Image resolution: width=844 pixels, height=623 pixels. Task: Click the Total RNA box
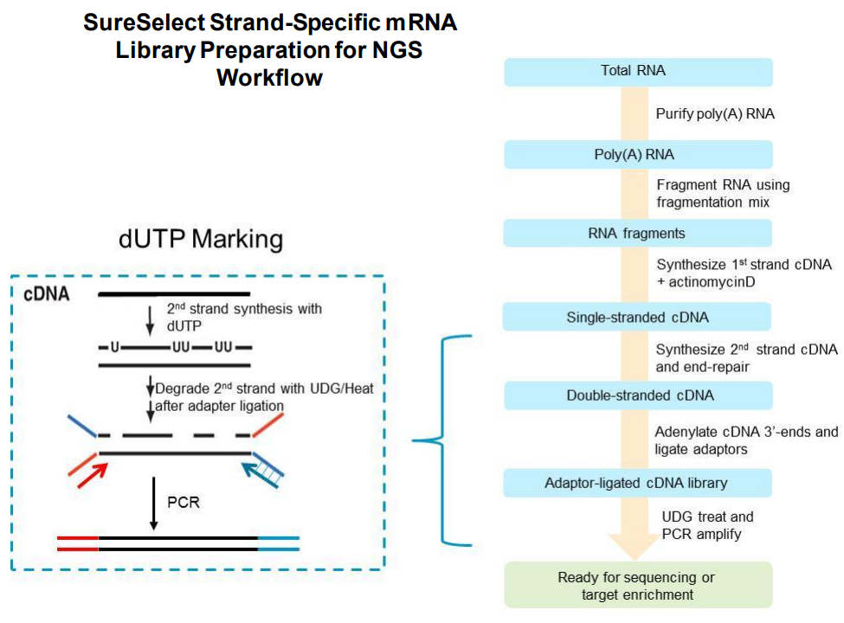(638, 72)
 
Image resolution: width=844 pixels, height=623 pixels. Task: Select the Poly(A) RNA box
(638, 155)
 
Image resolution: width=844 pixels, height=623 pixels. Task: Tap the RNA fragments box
(638, 233)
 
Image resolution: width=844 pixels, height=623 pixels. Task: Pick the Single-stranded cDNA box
(638, 318)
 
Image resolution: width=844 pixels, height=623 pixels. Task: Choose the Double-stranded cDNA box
(638, 395)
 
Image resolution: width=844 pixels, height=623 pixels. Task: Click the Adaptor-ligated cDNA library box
(638, 482)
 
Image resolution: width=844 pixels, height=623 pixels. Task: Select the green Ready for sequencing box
(638, 586)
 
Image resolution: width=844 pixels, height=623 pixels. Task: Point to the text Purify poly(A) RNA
(713, 114)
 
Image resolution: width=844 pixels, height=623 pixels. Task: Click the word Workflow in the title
(269, 77)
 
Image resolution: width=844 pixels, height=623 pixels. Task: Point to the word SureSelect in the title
(143, 23)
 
